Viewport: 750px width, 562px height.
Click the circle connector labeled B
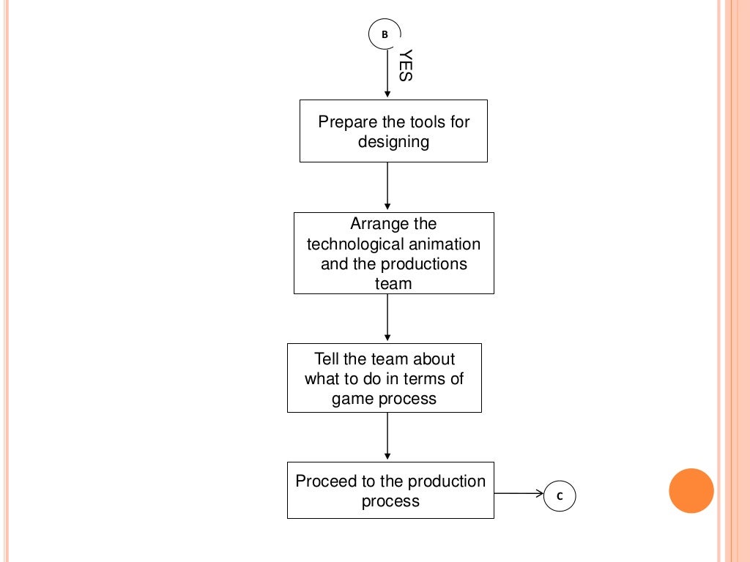click(385, 34)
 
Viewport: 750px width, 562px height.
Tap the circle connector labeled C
click(560, 496)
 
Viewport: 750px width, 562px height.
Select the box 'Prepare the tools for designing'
click(393, 131)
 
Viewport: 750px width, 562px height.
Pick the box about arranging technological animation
click(393, 253)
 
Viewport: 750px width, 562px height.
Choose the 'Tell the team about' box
click(385, 378)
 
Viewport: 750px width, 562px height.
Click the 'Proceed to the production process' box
click(390, 490)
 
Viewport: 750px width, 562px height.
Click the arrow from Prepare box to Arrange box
click(387, 187)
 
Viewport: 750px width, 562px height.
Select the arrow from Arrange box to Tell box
click(387, 318)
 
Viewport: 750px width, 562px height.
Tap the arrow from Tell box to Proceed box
click(387, 437)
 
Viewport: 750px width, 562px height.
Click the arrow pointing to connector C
click(519, 494)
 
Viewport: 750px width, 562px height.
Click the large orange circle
click(691, 490)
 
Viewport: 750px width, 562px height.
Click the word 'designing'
click(393, 141)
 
